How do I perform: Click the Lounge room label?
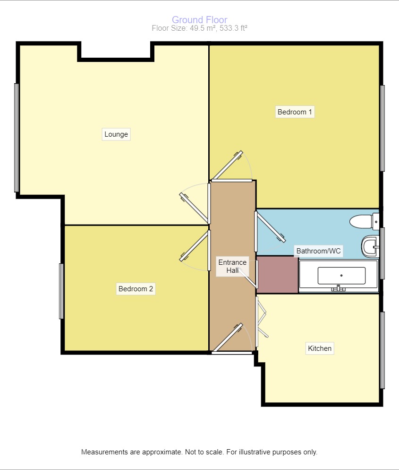tap(116, 134)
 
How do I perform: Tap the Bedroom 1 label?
tap(295, 112)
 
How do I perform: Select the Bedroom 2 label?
tap(136, 288)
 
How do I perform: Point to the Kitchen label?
tap(320, 348)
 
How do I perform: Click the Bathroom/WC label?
tap(318, 251)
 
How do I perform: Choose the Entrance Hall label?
tap(232, 266)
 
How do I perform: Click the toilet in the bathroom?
tap(364, 221)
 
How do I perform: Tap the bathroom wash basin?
tap(370, 246)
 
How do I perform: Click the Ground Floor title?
tap(199, 20)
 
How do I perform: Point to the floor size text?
tap(199, 28)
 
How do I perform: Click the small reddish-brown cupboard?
tap(278, 275)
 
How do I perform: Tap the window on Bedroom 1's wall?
tap(382, 128)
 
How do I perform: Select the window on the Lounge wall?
tap(17, 138)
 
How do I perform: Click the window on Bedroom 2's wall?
tap(61, 291)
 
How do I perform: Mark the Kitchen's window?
tap(382, 350)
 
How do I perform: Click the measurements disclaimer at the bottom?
tap(199, 452)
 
